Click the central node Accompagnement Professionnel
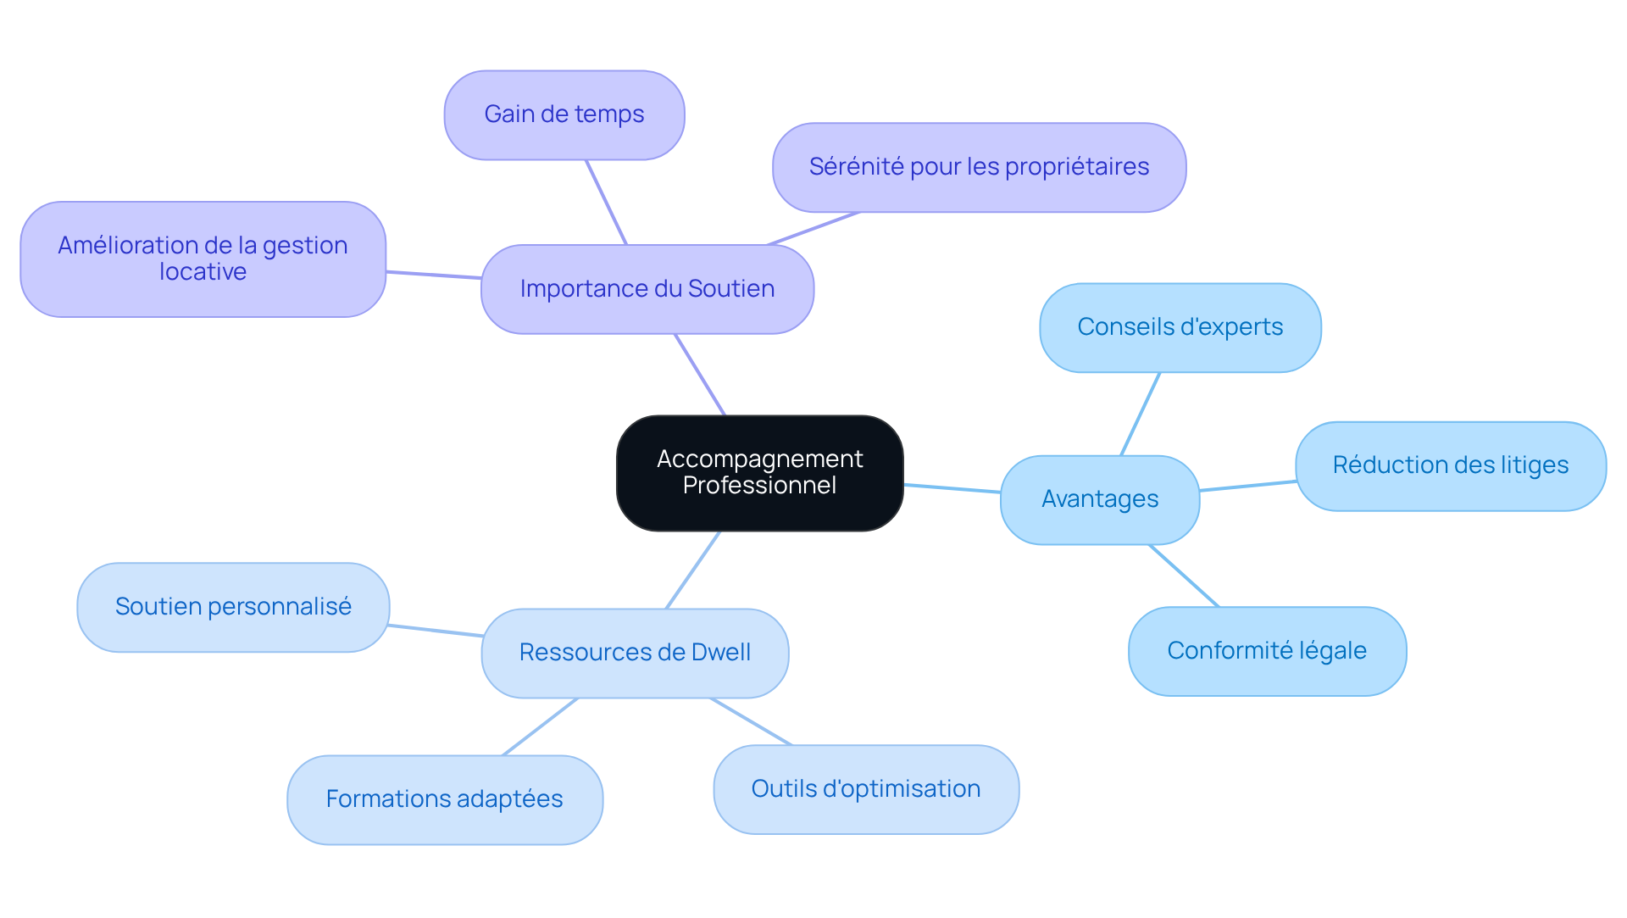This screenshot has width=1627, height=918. [759, 472]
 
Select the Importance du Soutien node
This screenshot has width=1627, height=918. [647, 289]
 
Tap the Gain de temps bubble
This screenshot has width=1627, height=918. [564, 114]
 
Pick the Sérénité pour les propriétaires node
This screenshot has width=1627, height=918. [979, 167]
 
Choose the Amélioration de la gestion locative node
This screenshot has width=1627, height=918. [203, 259]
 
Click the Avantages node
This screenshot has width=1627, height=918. [1099, 499]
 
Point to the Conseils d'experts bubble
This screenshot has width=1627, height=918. [1180, 327]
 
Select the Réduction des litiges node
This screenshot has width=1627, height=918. [1450, 465]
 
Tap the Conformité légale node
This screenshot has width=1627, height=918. [1267, 651]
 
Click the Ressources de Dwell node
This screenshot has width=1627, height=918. [635, 653]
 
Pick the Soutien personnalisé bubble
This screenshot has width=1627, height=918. [233, 607]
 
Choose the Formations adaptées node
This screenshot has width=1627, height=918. [444, 799]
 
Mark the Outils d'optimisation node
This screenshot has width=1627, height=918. [865, 789]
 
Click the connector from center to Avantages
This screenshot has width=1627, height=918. [952, 488]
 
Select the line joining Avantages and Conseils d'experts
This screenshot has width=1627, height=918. [1141, 414]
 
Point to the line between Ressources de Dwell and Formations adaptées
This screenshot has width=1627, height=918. [541, 726]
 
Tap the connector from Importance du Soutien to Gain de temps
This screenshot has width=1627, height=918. [606, 202]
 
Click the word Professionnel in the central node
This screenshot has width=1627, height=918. [759, 486]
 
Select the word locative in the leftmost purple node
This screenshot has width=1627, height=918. [203, 272]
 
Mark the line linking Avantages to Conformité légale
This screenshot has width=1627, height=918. [1184, 576]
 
